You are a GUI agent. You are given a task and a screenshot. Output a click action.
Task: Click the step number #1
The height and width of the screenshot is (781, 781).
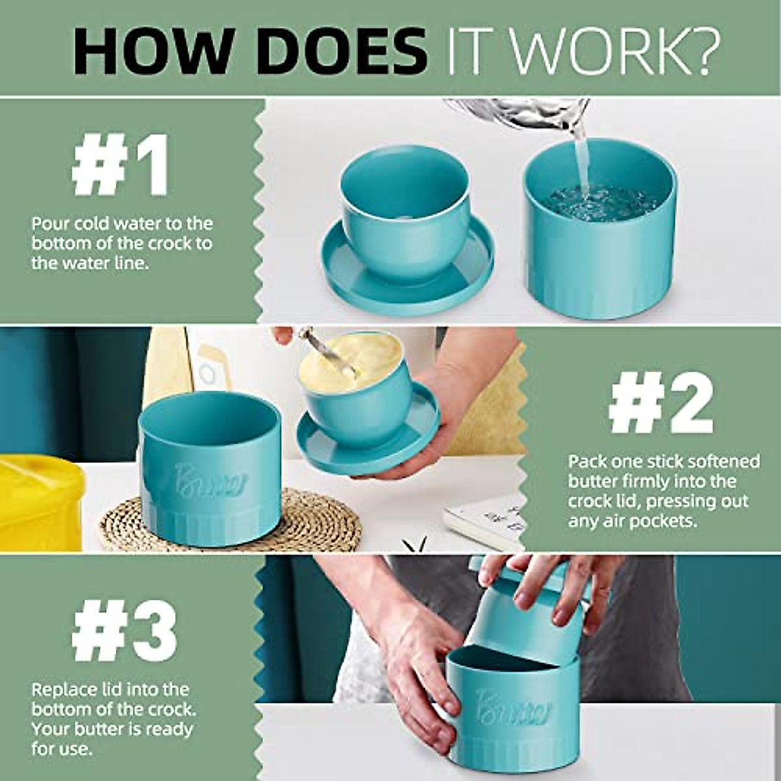(x=121, y=165)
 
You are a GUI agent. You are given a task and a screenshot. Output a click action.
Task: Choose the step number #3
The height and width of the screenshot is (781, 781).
(x=124, y=632)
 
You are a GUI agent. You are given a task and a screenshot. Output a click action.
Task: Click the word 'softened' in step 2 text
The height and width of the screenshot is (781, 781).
(x=720, y=461)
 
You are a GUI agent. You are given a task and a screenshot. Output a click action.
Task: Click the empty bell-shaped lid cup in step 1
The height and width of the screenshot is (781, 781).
(x=405, y=208)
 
